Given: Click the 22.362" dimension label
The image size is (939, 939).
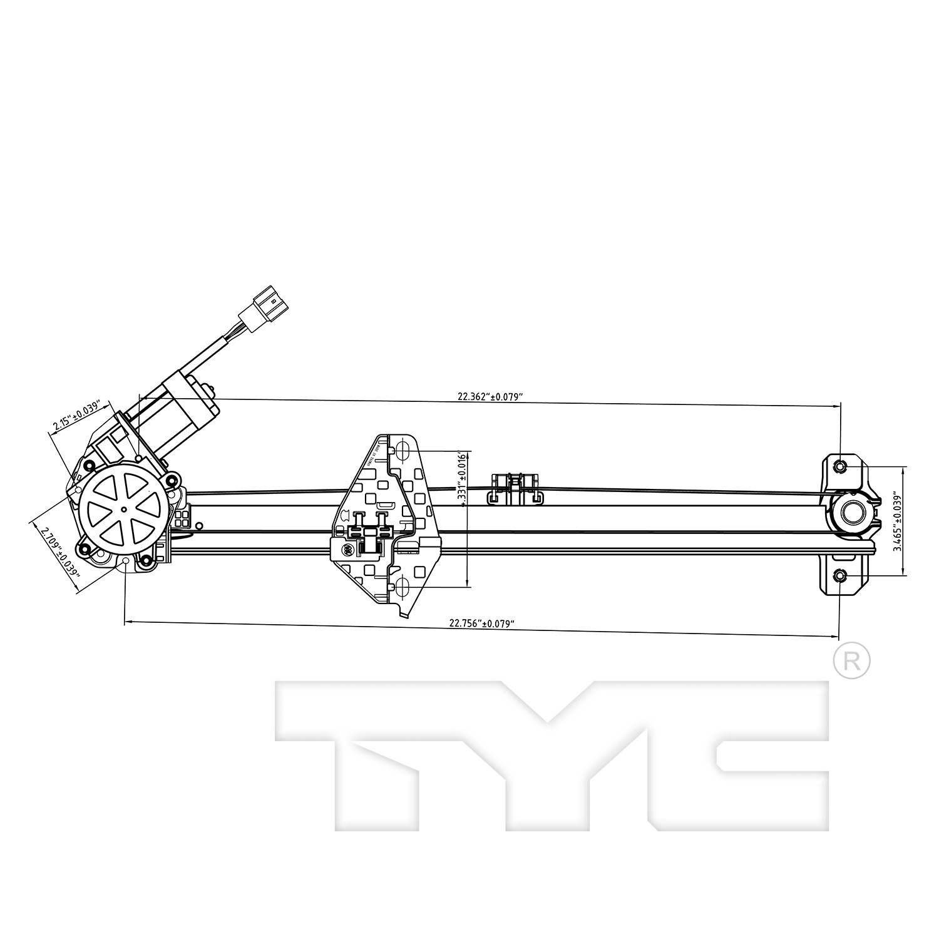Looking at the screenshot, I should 490,396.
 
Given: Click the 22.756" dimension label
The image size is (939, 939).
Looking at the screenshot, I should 481,623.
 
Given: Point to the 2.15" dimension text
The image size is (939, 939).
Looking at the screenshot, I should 76,415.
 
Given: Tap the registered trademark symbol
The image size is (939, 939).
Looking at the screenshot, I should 852,660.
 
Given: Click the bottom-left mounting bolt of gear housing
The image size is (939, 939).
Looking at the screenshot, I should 84,552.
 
